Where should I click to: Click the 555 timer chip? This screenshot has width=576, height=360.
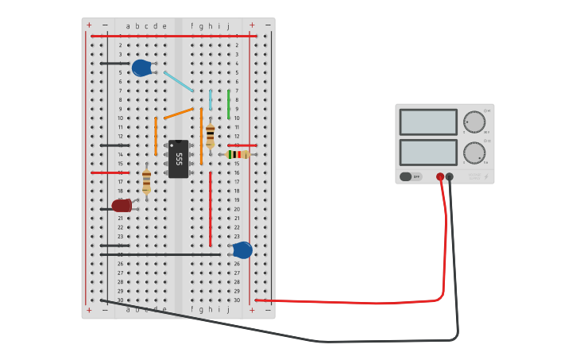tap(179, 159)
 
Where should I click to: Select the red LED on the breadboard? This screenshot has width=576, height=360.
tap(122, 206)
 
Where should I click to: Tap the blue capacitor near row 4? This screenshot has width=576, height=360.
tap(141, 68)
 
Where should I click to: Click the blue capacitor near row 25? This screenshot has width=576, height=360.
tap(242, 250)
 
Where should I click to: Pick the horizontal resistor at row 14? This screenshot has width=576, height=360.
tap(238, 154)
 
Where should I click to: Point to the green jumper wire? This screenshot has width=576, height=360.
tap(229, 104)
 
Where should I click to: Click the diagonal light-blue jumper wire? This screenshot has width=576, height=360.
tap(179, 81)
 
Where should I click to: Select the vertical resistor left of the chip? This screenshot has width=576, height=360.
tap(146, 181)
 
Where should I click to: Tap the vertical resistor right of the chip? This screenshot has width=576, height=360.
tap(210, 135)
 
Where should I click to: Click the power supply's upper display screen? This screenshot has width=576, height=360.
tap(428, 122)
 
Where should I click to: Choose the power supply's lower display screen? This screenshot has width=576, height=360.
tap(428, 153)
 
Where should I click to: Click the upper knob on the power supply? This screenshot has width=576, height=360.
tap(474, 122)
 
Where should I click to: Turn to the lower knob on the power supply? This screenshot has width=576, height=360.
tap(474, 153)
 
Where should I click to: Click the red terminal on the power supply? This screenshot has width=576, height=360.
tap(440, 176)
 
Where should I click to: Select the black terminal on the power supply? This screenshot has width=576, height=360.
tap(450, 176)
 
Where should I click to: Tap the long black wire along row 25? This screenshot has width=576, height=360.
tap(159, 255)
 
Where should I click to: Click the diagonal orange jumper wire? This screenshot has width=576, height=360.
tap(179, 113)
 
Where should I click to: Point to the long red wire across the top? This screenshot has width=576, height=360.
tap(171, 36)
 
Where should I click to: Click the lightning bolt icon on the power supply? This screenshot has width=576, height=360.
tap(486, 176)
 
